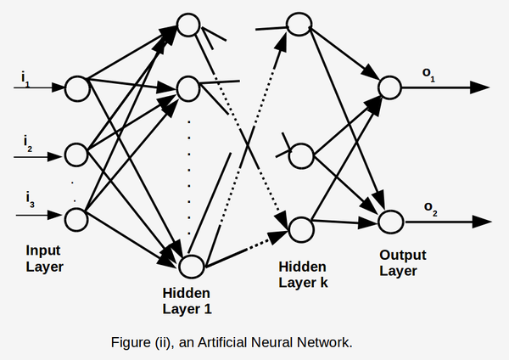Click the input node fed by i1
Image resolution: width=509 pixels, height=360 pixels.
point(76,87)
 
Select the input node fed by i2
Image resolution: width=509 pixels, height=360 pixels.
point(76,154)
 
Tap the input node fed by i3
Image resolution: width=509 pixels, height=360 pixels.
point(76,219)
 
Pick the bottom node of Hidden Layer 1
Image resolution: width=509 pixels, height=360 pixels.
point(193,266)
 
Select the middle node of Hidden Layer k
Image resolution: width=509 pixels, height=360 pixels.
point(301,155)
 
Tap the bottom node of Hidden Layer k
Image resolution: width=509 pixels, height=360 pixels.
point(300,227)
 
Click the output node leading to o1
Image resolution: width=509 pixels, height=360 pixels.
point(389,87)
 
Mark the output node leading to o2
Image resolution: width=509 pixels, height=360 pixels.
point(389,221)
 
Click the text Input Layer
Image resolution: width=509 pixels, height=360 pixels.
point(44,259)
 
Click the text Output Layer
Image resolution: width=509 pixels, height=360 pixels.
point(402,262)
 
